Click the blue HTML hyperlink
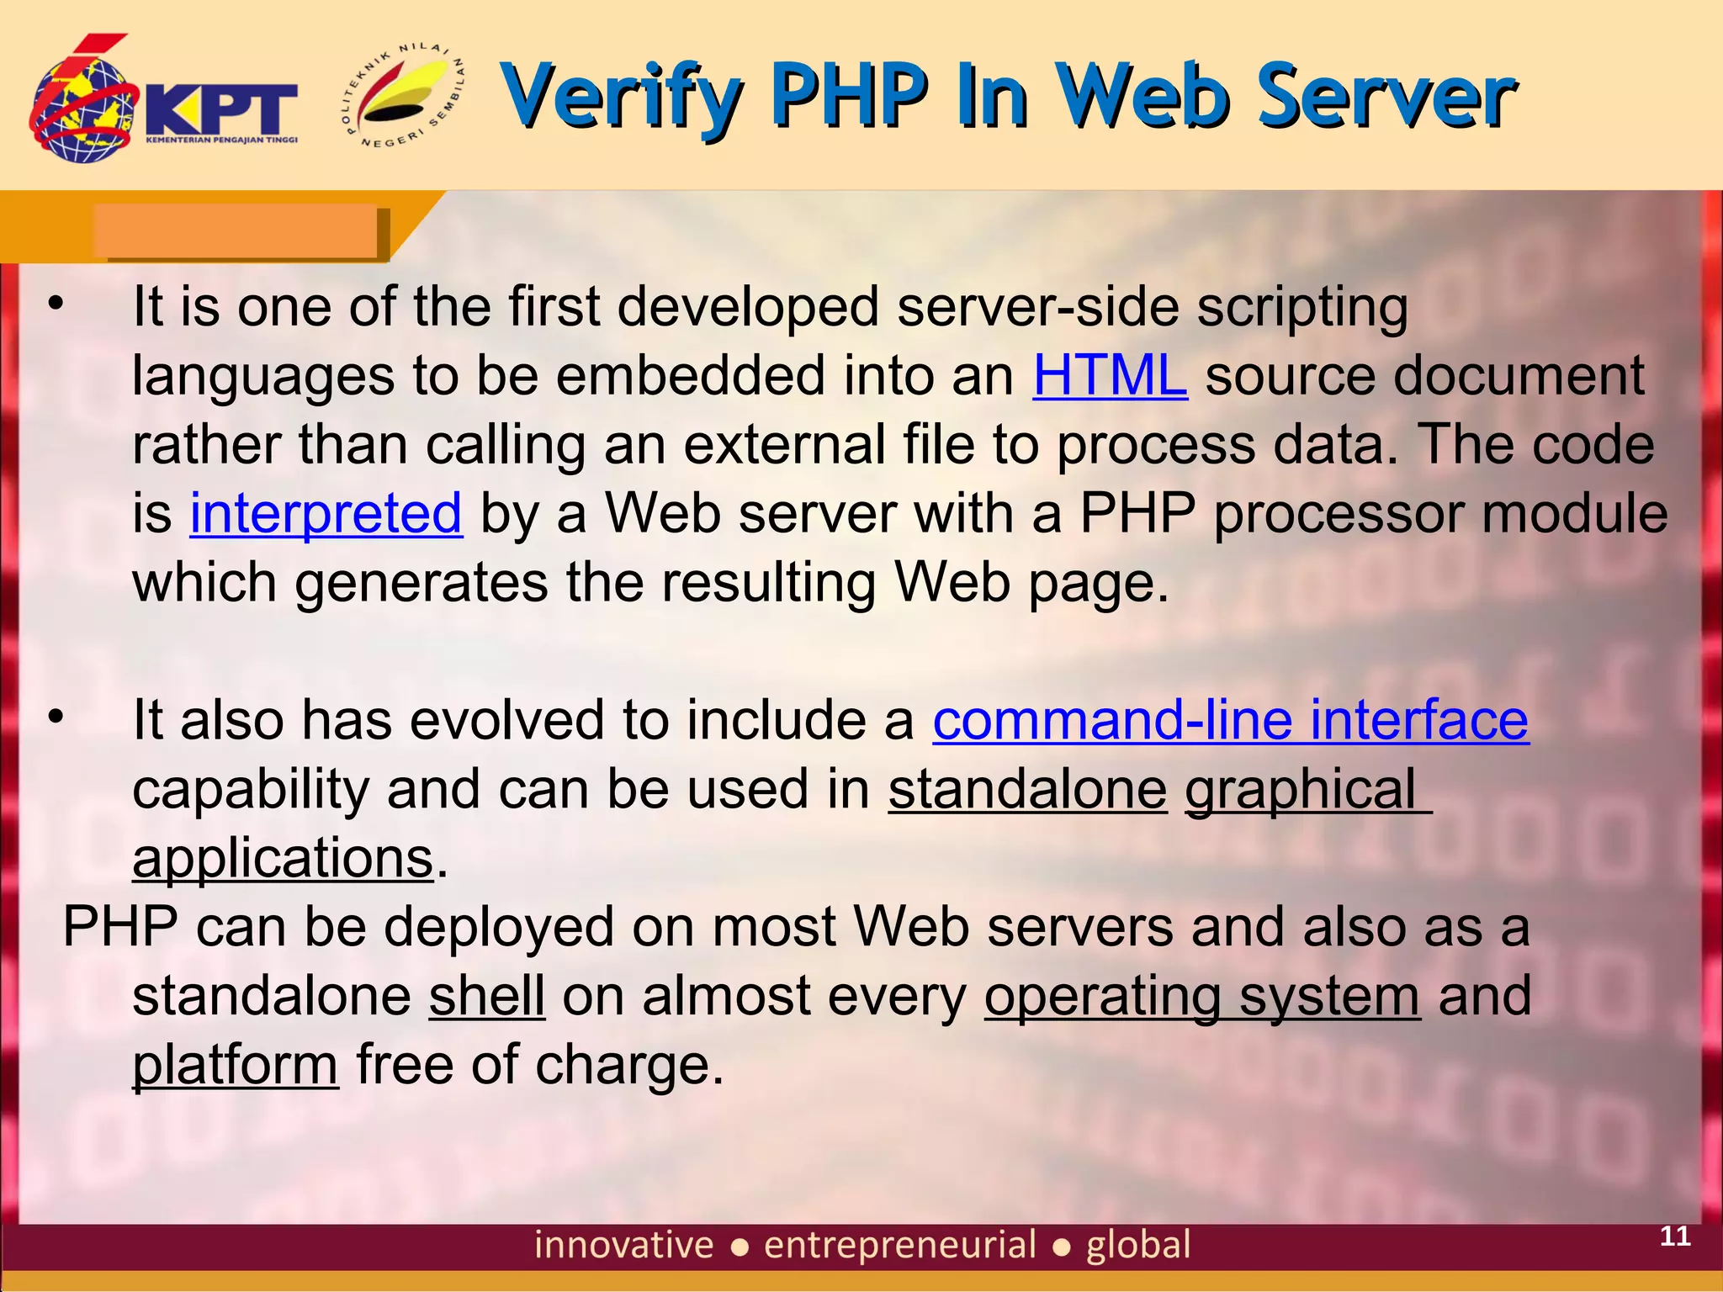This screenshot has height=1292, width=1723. click(1110, 375)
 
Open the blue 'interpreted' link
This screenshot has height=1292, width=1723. click(326, 513)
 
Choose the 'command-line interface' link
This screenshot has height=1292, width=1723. click(1230, 721)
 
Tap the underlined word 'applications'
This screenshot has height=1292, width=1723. click(283, 859)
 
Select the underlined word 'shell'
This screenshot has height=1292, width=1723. click(487, 996)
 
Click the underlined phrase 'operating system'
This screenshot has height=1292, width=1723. click(1202, 996)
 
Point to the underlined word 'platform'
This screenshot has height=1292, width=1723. click(236, 1066)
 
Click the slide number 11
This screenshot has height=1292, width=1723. click(1674, 1236)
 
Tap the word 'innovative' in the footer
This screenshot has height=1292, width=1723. click(623, 1245)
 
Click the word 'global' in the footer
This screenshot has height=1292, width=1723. click(1138, 1245)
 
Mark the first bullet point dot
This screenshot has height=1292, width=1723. click(56, 304)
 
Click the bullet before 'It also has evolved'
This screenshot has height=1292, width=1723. click(56, 717)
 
